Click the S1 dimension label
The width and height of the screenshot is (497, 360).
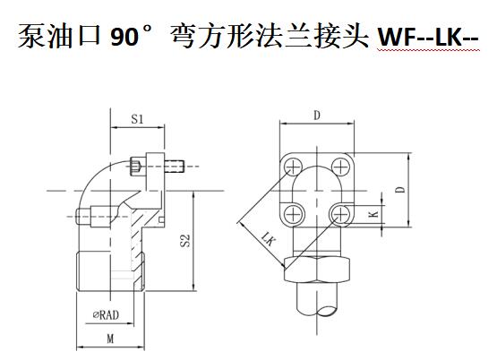point(137,119)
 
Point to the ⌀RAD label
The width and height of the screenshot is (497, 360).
point(106,315)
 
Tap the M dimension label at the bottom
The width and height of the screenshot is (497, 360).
point(110,339)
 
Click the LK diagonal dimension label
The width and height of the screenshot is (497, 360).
point(267,238)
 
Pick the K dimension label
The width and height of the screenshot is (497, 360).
point(374,214)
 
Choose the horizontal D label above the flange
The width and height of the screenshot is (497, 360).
point(317,116)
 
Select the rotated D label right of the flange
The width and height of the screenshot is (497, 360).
point(401,190)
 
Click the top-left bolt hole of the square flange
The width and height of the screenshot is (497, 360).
point(293,166)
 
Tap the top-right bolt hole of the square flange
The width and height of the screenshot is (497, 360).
point(340,166)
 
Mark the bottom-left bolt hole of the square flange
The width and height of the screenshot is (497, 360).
point(293,214)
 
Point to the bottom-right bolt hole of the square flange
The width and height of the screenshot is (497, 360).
point(339,214)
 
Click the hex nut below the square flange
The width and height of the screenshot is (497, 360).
point(317,269)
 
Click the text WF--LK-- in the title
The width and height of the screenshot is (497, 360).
point(429,37)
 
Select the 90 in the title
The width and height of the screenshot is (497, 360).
point(124,37)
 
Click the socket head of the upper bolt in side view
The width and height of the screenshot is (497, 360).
point(135,167)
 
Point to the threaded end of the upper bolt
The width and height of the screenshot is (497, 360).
point(175,166)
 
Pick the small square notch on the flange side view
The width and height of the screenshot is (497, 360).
point(161,219)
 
